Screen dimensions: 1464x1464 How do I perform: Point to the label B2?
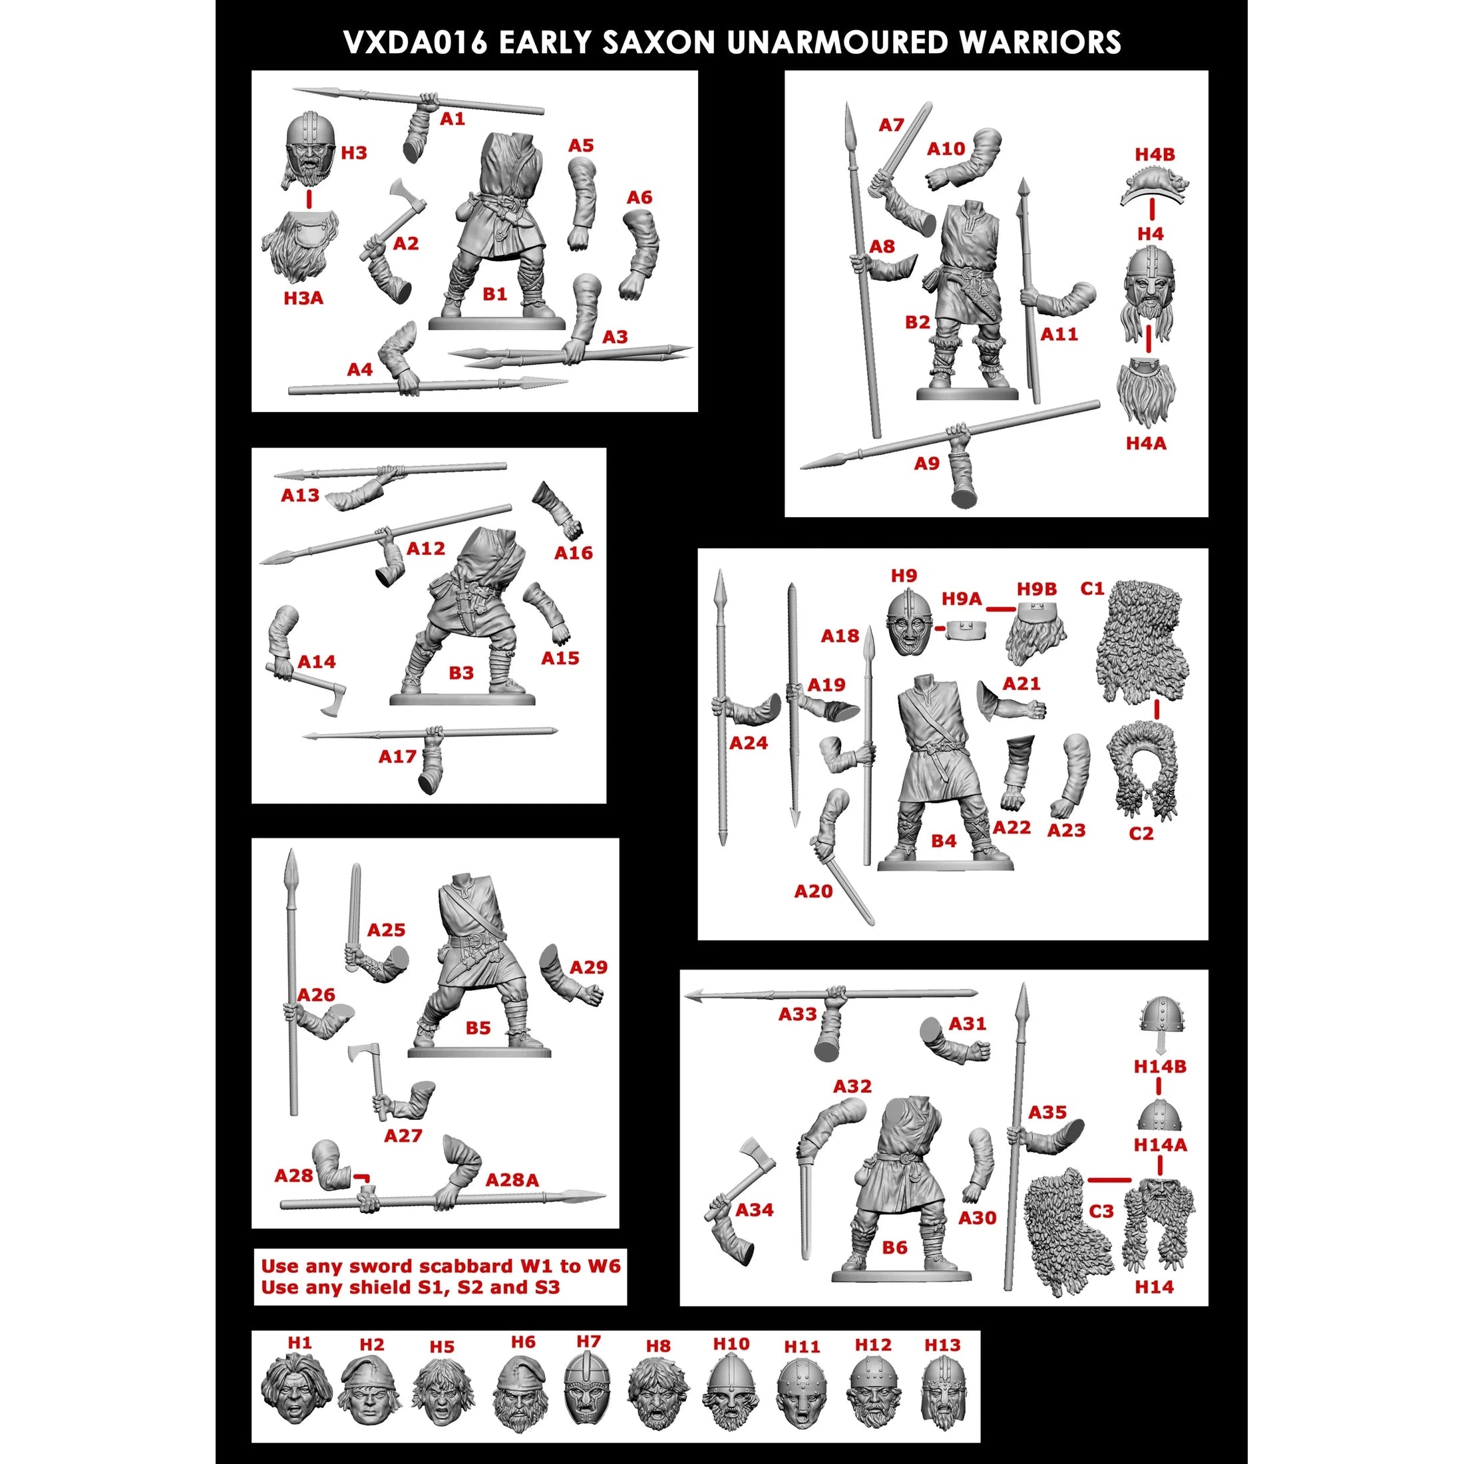pyautogui.click(x=917, y=322)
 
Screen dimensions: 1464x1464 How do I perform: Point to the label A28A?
pyautogui.click(x=512, y=1180)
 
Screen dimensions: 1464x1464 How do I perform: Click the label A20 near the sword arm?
pyautogui.click(x=813, y=891)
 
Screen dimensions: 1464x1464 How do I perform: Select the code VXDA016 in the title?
pyautogui.click(x=415, y=43)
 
